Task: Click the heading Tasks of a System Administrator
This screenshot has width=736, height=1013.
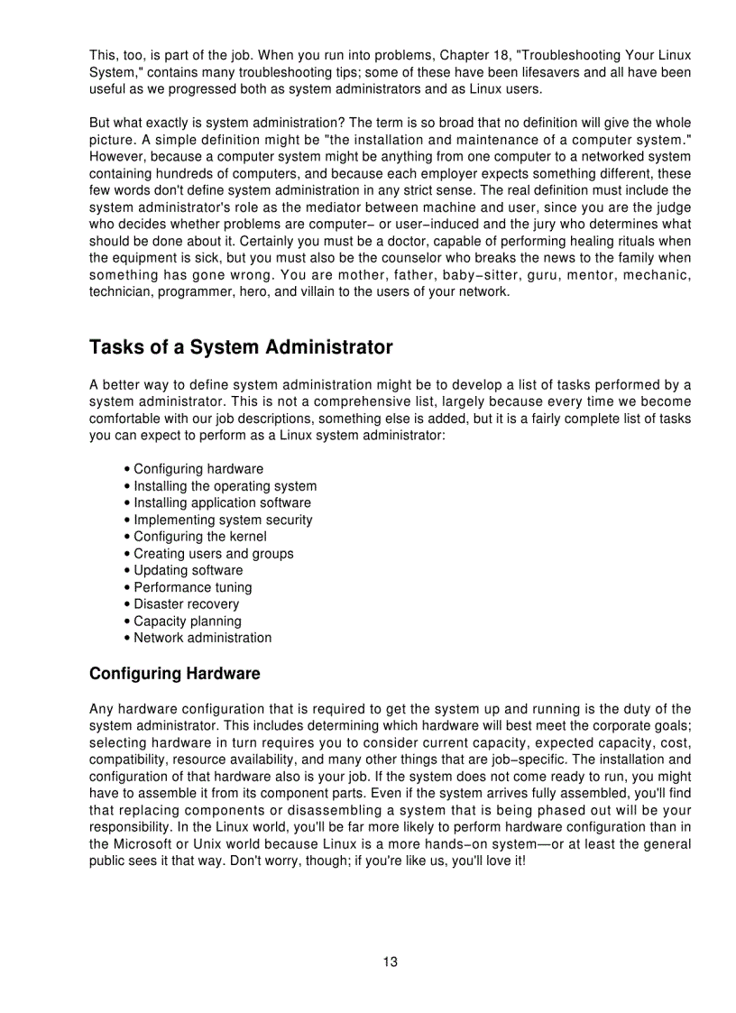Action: [241, 347]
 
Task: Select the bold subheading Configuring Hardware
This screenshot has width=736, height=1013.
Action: [175, 674]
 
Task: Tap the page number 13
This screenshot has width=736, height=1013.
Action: [390, 962]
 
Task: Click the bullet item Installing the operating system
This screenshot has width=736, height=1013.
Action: [225, 486]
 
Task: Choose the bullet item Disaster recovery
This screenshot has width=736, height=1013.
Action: [186, 604]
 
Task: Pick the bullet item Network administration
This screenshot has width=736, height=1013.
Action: [202, 638]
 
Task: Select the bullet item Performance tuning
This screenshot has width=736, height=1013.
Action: [192, 587]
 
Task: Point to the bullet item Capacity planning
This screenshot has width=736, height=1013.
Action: [187, 621]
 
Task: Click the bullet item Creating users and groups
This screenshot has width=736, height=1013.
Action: [213, 554]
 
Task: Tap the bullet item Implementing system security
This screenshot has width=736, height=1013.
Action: [223, 520]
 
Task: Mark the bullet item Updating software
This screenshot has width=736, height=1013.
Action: [188, 570]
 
